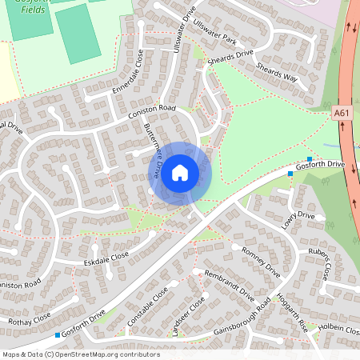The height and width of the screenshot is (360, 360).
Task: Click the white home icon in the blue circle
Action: click(180, 172)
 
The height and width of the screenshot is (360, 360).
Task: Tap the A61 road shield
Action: click(342, 115)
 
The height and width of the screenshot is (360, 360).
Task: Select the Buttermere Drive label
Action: click(154, 150)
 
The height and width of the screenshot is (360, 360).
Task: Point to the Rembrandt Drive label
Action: click(229, 286)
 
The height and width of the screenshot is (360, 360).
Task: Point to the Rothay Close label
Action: click(30, 317)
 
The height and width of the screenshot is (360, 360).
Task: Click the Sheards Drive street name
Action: click(231, 58)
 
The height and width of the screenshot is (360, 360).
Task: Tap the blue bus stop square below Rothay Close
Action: click(58, 334)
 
